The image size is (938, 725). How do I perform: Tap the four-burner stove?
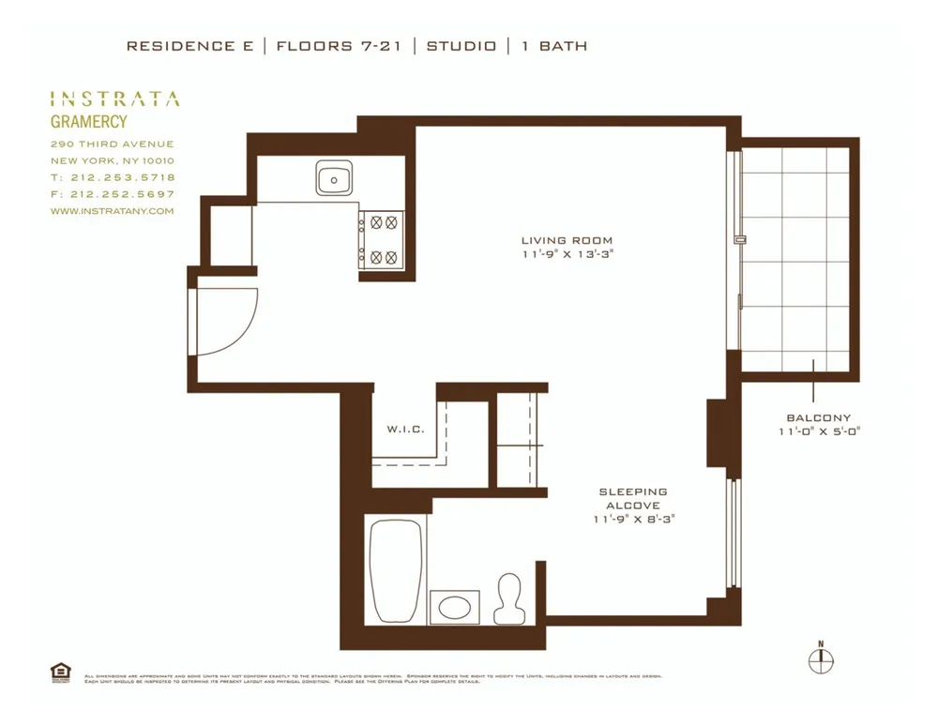coord(381,239)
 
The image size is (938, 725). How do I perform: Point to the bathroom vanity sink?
coord(455,607)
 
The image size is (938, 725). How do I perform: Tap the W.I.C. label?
coord(406,430)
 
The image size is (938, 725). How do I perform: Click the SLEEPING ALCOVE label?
coord(633,498)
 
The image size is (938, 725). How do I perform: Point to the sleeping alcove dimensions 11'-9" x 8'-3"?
coord(633,519)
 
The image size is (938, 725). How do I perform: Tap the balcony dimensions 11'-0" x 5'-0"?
coord(819,431)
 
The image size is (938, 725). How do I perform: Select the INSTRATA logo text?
coord(113,98)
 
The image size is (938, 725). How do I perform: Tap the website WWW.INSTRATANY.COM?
coord(112,211)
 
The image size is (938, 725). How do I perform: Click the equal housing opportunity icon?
coord(60,671)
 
